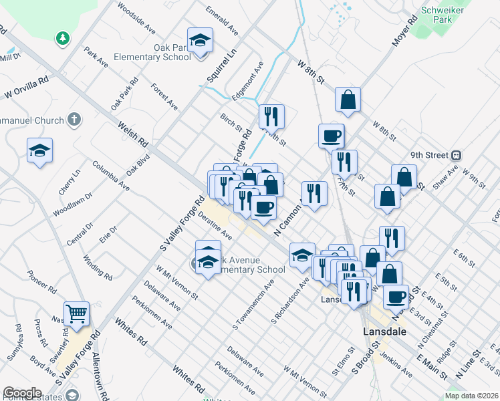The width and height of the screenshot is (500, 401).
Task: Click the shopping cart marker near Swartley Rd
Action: tap(77, 313)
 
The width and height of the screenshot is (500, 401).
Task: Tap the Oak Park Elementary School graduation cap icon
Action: tap(200, 41)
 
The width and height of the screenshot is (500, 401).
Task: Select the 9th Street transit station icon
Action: tap(456, 155)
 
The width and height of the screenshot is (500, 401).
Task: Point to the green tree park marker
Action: tap(63, 38)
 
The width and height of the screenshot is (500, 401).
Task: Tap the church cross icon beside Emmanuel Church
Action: tap(74, 120)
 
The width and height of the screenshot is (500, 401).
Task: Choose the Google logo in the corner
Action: tap(22, 393)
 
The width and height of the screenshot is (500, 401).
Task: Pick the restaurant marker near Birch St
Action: tap(271, 116)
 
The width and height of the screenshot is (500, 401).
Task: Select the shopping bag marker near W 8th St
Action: tap(348, 100)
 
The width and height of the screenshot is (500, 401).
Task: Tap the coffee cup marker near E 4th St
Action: tap(396, 296)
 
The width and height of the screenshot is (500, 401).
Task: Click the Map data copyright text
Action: tap(470, 396)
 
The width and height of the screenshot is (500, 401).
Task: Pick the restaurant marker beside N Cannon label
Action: tap(314, 193)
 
